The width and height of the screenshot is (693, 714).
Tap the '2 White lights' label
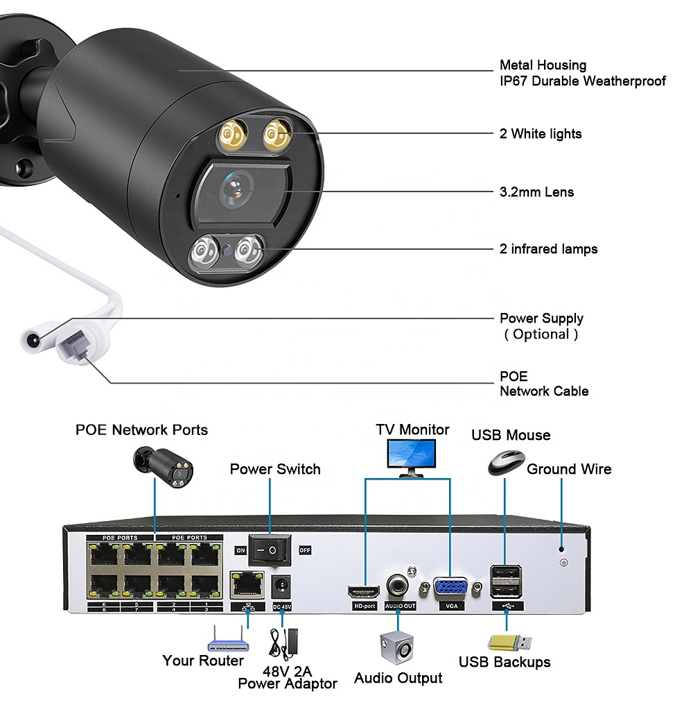click(x=541, y=134)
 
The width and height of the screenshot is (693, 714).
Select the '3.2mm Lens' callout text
click(x=536, y=192)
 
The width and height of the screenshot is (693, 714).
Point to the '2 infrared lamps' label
click(x=548, y=249)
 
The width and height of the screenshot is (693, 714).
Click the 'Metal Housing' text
click(x=543, y=65)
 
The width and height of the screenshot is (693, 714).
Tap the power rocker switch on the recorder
click(x=270, y=550)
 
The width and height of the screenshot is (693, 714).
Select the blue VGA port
click(x=450, y=588)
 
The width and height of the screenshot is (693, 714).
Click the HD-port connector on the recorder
click(x=364, y=591)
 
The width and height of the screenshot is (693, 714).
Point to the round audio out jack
click(x=397, y=585)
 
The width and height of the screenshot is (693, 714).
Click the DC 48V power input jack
click(x=281, y=587)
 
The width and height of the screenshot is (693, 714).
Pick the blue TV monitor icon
click(x=412, y=458)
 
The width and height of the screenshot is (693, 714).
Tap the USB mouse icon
click(x=506, y=463)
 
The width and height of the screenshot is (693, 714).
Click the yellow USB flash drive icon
click(x=509, y=643)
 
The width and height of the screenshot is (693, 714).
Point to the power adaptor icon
click(x=285, y=643)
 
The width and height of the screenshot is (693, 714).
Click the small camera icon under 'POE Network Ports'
click(x=164, y=467)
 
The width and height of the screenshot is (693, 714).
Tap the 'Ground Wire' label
click(x=569, y=470)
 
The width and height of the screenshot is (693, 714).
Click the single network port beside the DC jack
click(x=247, y=585)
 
